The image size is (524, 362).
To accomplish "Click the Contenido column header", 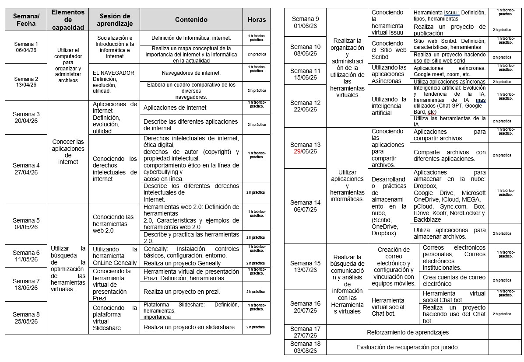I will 191,20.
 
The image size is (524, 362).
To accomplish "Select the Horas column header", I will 257,20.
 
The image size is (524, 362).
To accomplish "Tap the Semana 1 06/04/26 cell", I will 26,47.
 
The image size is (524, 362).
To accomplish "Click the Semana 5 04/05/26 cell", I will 26,223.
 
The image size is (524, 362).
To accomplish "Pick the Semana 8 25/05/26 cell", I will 26,317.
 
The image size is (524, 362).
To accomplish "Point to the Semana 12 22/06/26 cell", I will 305,106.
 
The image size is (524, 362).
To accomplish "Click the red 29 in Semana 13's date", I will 299,151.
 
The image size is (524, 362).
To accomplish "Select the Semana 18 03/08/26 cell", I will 305,347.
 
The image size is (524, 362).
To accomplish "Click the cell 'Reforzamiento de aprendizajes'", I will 408,332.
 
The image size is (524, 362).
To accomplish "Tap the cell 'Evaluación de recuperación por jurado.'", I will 408,347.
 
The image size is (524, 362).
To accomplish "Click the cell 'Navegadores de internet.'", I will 191,73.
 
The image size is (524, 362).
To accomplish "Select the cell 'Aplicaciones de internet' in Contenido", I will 175,108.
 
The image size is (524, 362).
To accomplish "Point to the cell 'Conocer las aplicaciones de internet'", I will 68,152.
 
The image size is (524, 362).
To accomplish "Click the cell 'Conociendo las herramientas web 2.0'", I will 114,223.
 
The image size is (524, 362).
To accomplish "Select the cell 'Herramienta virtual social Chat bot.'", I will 388,306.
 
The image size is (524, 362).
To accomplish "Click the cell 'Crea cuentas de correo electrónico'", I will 454,280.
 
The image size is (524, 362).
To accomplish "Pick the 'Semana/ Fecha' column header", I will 26,20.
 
